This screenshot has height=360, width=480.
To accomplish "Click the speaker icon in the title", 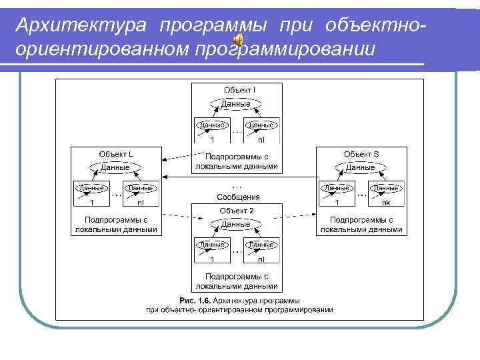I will (x=238, y=41).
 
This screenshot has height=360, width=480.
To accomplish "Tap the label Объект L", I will (x=116, y=154).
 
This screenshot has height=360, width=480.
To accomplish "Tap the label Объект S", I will (x=361, y=154).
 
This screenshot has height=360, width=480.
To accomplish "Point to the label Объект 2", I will (x=237, y=211).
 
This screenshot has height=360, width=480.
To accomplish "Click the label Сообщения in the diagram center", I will (x=238, y=197).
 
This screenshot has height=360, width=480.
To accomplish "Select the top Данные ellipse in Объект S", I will (x=361, y=167).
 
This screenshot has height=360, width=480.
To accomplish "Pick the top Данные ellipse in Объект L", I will (x=115, y=167).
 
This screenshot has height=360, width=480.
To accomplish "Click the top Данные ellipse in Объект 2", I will (x=236, y=225).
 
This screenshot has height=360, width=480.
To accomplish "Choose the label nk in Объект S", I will (x=385, y=203).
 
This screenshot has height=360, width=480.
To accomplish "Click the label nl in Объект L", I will (x=141, y=203).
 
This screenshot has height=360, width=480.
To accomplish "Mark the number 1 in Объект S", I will (x=337, y=203).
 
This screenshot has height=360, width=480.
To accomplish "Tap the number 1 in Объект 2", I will (x=212, y=259).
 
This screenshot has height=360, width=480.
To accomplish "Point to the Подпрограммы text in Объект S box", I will (x=361, y=219).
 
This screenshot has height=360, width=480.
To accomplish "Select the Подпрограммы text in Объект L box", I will (x=116, y=219).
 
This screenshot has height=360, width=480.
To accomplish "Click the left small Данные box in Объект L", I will (x=91, y=189).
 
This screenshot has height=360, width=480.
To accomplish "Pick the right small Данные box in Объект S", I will (x=385, y=189).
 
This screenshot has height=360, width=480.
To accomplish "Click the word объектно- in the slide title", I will (x=375, y=25).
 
